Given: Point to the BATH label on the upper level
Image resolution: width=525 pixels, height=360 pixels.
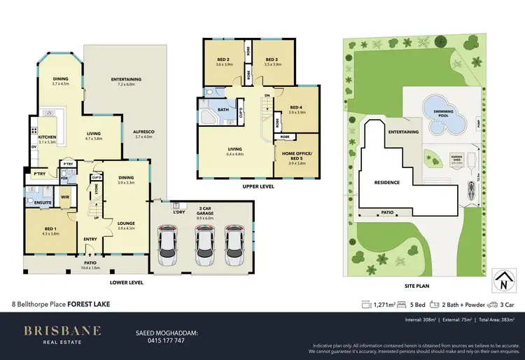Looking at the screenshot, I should click(x=223, y=109).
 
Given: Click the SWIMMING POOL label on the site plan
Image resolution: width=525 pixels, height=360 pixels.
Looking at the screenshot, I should click(x=442, y=114).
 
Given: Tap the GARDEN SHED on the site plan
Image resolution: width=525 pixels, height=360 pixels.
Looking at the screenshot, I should click(x=440, y=160).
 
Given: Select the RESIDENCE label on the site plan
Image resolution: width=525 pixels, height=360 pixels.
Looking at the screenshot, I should click(x=386, y=182).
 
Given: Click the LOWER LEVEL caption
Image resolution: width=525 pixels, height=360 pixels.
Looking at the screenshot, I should click(x=127, y=282).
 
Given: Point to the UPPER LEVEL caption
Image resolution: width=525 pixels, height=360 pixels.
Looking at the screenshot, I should click(x=258, y=187).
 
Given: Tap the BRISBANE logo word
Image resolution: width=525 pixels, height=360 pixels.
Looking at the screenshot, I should click(x=62, y=331).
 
